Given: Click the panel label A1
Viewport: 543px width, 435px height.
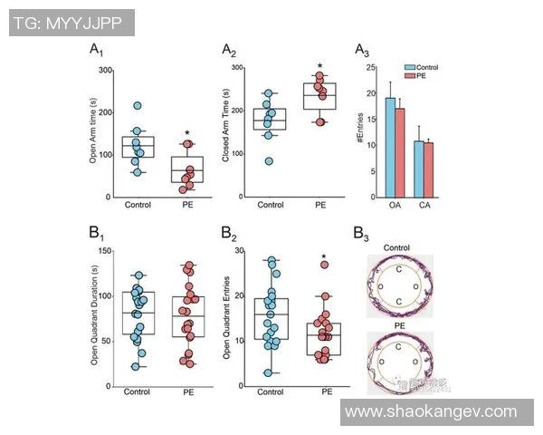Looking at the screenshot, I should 96,51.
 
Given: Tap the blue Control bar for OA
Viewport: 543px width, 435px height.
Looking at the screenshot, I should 390,146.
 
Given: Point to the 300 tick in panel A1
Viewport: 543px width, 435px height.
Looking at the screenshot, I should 106,70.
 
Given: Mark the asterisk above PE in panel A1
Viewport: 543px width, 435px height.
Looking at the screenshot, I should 186,132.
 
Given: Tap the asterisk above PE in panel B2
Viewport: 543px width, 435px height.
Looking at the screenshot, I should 323,257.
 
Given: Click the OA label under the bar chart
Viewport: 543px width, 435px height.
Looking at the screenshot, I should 395,206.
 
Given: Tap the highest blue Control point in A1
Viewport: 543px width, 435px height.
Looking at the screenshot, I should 137,107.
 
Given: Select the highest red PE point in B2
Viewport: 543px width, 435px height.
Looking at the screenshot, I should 323,265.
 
